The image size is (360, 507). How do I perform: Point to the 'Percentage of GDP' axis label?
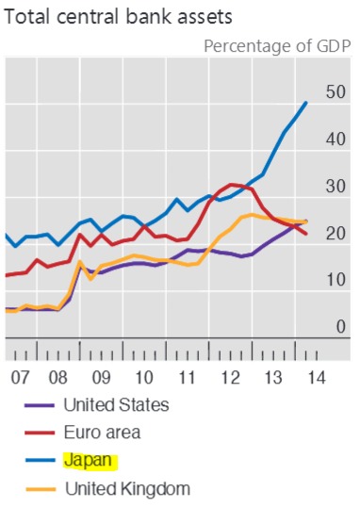[276, 45]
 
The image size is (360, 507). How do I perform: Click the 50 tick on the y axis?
[335, 92]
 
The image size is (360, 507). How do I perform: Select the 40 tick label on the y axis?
[335, 139]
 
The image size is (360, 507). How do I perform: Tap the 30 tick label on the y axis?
[335, 187]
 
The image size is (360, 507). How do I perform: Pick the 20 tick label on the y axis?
[335, 234]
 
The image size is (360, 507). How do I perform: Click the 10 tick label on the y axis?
[335, 281]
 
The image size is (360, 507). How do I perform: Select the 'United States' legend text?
[115, 405]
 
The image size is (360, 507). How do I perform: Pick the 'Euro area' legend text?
[101, 433]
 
